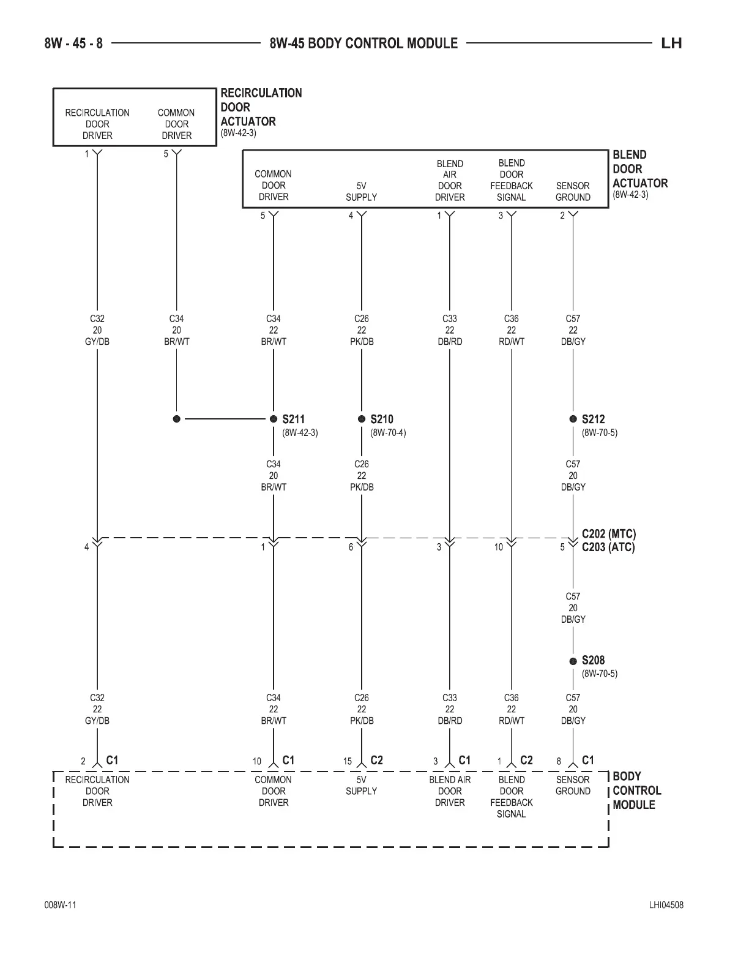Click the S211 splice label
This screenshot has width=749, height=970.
coord(293,419)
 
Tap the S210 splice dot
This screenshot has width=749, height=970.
coord(362,419)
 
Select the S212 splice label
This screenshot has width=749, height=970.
coord(593,419)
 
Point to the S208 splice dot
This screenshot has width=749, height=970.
coord(573,661)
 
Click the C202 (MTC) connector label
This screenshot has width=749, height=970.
coord(608,535)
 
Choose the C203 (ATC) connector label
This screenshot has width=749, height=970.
coord(608,547)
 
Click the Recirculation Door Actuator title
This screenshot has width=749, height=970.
coord(261,107)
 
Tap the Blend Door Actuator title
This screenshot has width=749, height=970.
coord(639,169)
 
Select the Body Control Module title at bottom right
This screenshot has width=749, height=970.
coord(636,791)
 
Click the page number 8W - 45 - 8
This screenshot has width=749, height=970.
coord(73,43)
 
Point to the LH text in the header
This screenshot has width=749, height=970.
coord(671,43)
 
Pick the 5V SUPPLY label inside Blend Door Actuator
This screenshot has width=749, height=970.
coord(361,192)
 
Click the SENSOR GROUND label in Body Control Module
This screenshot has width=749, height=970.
coord(573,785)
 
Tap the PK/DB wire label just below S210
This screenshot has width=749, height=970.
coord(362,487)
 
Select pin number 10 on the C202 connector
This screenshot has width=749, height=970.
coord(499,547)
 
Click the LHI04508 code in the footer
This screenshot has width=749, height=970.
coord(666,905)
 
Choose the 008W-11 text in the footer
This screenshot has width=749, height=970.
coord(60,905)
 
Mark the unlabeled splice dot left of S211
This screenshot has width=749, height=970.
coord(177,419)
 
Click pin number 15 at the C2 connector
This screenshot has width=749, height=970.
coord(348,761)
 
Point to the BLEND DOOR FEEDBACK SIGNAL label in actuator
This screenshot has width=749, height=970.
coord(512,180)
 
